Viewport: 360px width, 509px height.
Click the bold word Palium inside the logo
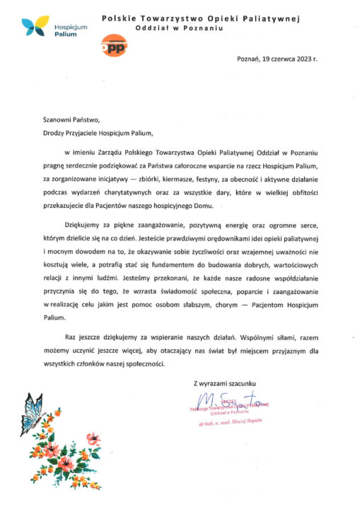(65, 33)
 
